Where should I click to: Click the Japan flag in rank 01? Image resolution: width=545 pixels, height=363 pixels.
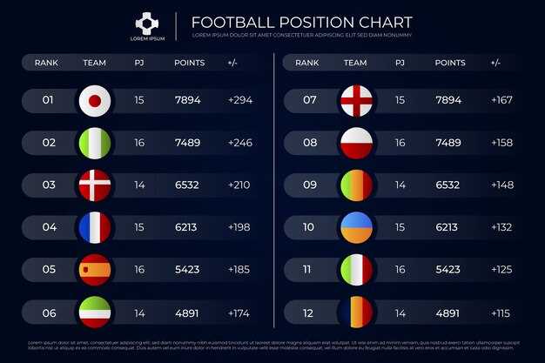point(95,101)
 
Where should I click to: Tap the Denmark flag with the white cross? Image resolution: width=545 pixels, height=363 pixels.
point(95,185)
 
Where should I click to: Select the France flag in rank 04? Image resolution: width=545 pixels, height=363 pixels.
point(95,227)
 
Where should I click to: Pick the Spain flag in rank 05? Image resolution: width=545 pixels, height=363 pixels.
point(95,270)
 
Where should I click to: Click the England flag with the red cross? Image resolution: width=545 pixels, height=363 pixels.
point(356,101)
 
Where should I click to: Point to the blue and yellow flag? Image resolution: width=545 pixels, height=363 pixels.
point(356,227)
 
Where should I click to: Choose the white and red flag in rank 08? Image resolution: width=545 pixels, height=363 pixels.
point(356,143)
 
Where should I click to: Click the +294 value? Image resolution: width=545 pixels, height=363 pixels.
point(239,101)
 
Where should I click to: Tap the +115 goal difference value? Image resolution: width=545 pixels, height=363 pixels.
point(501,313)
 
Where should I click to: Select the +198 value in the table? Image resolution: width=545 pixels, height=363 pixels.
point(239,227)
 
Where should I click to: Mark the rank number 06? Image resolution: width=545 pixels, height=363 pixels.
point(49,313)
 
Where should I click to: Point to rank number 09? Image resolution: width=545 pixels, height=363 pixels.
point(310,185)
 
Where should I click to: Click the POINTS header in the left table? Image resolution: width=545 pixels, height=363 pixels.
point(189,63)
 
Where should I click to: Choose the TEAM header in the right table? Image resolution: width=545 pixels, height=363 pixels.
point(355,63)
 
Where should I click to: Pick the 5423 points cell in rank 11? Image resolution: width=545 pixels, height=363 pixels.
point(447,270)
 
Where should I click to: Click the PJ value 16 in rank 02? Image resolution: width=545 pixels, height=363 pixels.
point(139,143)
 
